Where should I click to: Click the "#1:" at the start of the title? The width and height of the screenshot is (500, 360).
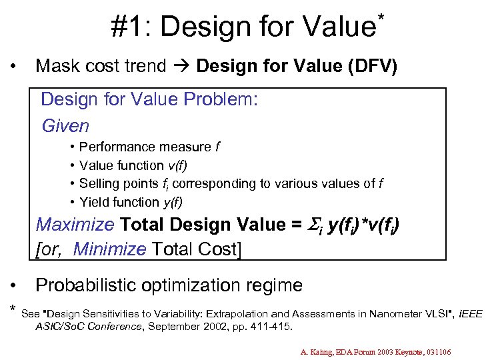[131, 27]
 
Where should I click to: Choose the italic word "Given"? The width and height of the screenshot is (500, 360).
[65, 125]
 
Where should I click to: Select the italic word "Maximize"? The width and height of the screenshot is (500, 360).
[74, 225]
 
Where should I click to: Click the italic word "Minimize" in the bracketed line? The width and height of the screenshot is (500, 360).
[109, 249]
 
